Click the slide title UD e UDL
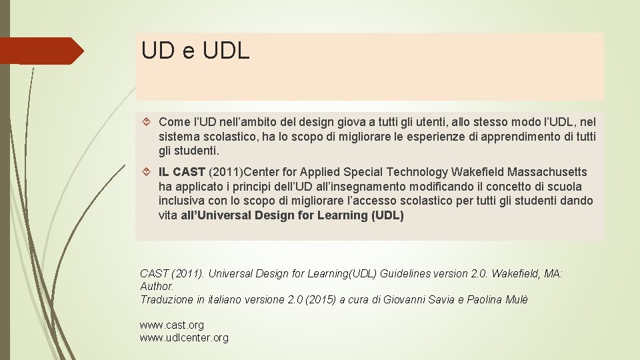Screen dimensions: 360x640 (195, 51)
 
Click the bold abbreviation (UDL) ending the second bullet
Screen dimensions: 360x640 (387, 215)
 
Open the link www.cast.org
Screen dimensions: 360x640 (171, 325)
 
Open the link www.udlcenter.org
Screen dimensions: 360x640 (184, 337)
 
